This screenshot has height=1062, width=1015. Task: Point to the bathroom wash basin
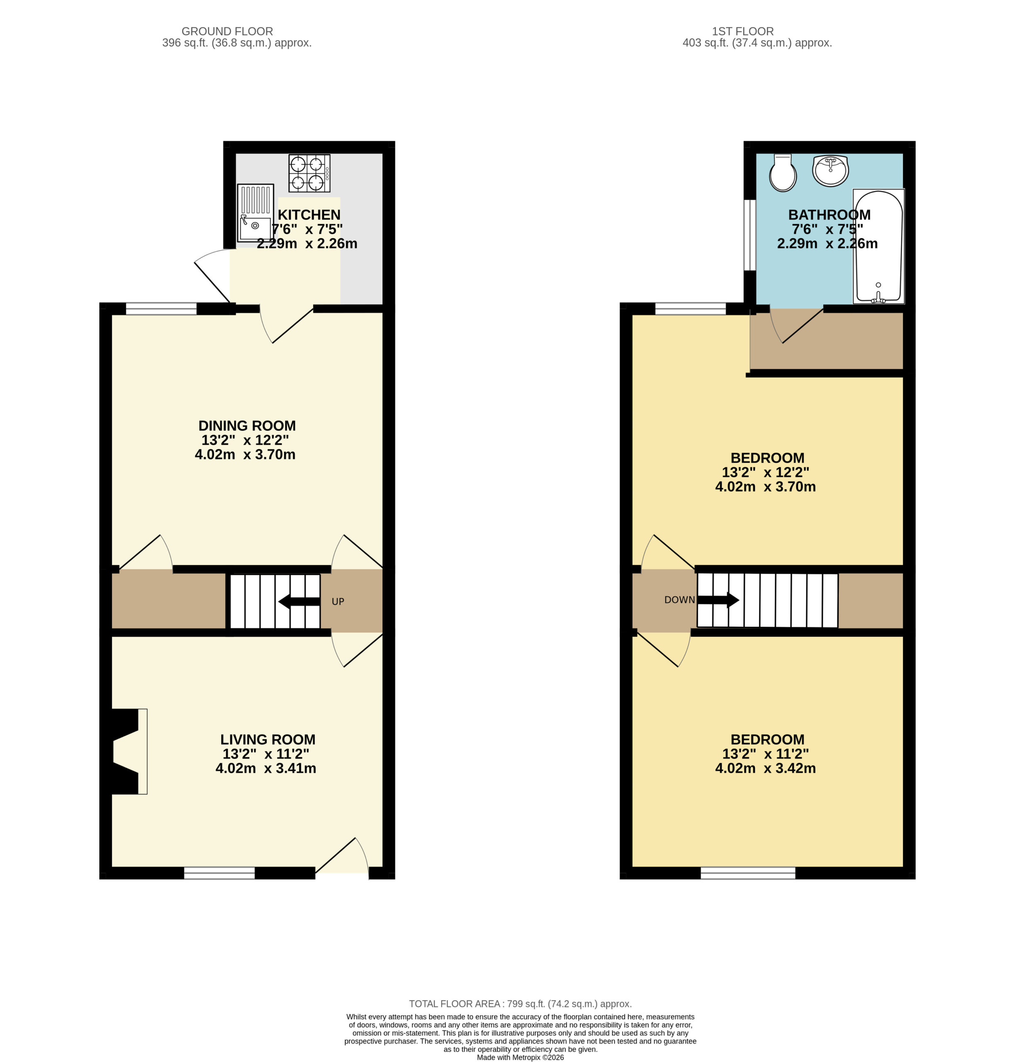(830, 171)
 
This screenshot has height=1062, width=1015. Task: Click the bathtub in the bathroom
(878, 246)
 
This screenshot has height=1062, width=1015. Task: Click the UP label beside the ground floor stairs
(338, 602)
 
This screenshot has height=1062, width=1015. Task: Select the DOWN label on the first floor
(680, 600)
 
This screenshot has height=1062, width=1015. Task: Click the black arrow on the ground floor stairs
(299, 602)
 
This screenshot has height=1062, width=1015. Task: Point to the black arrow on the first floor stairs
(718, 600)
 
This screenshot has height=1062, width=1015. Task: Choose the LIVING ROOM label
(268, 740)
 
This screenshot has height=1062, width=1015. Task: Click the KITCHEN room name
(309, 215)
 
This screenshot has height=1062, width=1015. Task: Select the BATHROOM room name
(830, 215)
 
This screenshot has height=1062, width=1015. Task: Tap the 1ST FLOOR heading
(743, 32)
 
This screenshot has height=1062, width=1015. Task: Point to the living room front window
(219, 873)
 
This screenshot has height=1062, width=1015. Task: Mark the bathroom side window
(750, 235)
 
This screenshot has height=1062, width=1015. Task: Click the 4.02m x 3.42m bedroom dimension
(766, 768)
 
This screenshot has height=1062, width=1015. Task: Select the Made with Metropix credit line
(520, 1057)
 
